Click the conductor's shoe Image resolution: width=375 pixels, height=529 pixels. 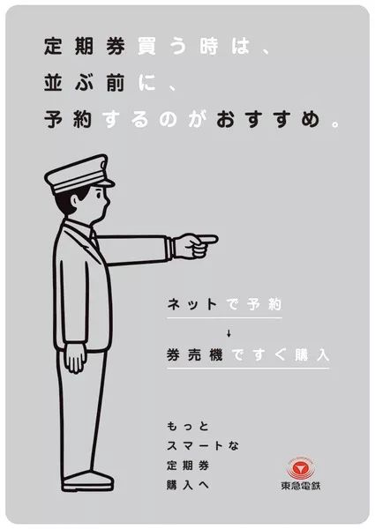click(x=88, y=481)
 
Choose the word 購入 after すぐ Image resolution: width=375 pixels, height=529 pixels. click(x=308, y=355)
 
